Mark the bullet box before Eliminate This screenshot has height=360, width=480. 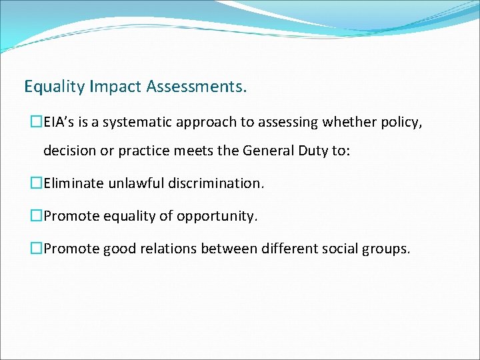[36, 183]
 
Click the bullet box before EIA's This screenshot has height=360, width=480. [36, 121]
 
